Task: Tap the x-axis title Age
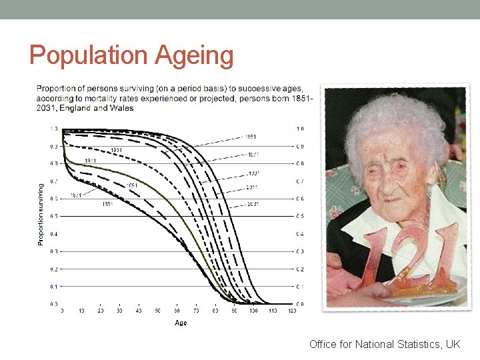pos(181,323)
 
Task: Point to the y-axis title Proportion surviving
pos(41,215)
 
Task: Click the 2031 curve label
pos(252,203)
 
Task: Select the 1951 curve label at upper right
pos(250,137)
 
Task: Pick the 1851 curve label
pos(107,204)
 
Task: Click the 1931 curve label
pos(116,150)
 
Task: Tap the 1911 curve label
pos(91,161)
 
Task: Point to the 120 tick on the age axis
pos(291,311)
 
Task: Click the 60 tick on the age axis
pos(177,311)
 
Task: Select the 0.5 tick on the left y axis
pos(54,216)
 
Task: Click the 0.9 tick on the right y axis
pos(300,146)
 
